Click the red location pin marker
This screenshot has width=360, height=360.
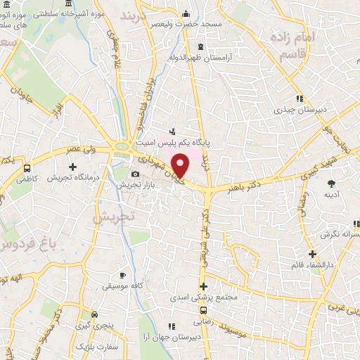181,165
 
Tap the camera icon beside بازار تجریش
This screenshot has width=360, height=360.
135,174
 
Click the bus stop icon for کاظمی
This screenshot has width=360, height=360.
27,169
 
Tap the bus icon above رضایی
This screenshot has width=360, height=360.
203,309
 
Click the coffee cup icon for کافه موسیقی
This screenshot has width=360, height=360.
123,275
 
